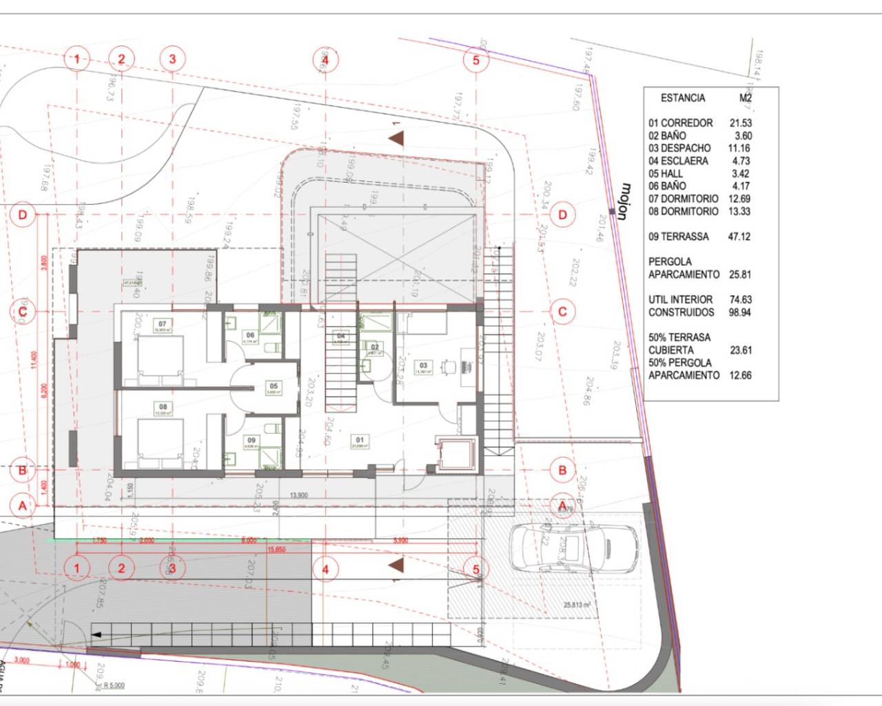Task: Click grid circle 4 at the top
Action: [x=325, y=59]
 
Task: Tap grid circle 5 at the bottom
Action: [x=475, y=569]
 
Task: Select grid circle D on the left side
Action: [x=23, y=215]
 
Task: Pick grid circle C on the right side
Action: [x=562, y=312]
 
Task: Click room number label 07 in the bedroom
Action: [x=163, y=323]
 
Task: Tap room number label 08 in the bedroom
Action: [x=163, y=407]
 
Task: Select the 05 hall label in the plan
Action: [x=274, y=386]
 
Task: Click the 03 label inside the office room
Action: [x=423, y=366]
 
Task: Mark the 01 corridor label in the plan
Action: [x=359, y=440]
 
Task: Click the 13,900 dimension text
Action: [x=299, y=495]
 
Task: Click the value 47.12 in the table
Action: [x=739, y=236]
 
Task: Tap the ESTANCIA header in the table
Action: [x=683, y=98]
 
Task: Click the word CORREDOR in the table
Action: [x=686, y=123]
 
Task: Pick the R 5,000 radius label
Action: [x=114, y=685]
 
